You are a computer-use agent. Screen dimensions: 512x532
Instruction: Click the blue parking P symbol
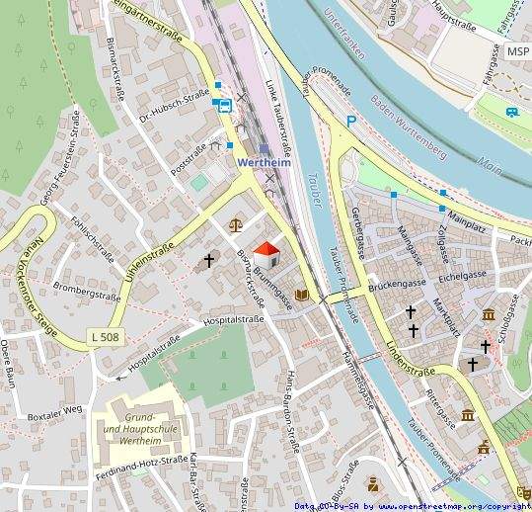pyautogui.click(x=350, y=122)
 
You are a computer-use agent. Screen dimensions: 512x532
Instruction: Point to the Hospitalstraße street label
pyautogui.click(x=236, y=321)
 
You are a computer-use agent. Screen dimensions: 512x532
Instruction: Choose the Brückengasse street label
pyautogui.click(x=397, y=284)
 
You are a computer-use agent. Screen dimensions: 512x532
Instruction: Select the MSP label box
pyautogui.click(x=517, y=51)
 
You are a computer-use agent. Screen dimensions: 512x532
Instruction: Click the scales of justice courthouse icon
pyautogui.click(x=235, y=224)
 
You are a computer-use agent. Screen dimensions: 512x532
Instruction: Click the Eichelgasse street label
pyautogui.click(x=463, y=274)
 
